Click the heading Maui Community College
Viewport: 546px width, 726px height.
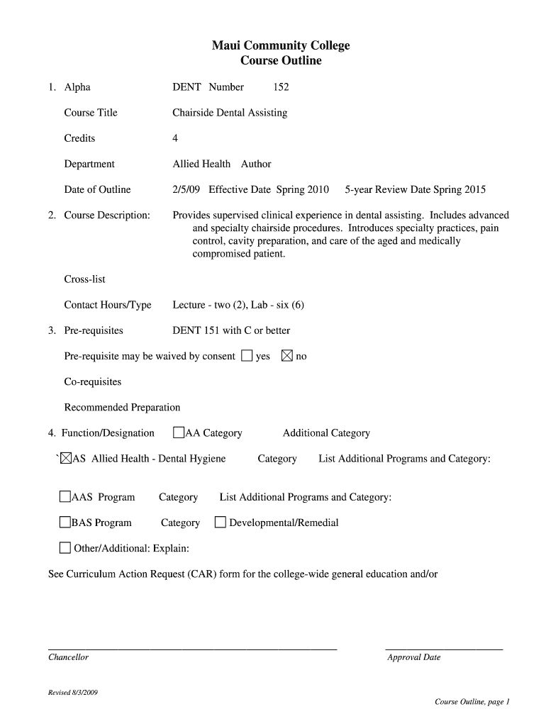(280, 46)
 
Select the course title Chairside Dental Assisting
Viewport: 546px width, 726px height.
(230, 113)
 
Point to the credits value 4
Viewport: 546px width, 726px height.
(175, 138)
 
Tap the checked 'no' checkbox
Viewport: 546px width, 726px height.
(287, 356)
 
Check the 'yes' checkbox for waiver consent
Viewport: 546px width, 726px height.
(246, 356)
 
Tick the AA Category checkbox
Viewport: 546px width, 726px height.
(179, 433)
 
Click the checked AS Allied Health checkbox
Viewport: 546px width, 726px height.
(66, 459)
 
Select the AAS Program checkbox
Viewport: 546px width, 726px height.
(65, 497)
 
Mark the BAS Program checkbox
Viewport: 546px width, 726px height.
(65, 523)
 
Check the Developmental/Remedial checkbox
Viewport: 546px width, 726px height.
(220, 523)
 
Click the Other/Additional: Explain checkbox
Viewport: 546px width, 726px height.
(65, 548)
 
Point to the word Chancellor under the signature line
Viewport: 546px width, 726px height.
(68, 657)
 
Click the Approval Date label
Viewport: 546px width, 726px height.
(413, 657)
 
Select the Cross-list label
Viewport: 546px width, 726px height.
(84, 279)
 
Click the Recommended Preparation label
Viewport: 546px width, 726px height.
(122, 408)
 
